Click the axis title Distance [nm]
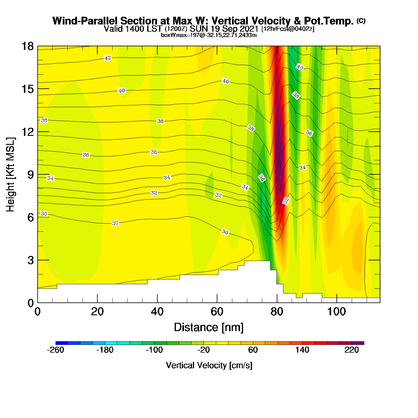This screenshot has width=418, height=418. [209, 328]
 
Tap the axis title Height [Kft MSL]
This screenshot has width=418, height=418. [10, 175]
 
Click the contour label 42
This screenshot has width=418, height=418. [107, 58]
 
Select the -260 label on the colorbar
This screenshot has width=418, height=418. [56, 350]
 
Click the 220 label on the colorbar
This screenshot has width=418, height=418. [352, 350]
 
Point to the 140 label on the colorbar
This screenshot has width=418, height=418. [302, 350]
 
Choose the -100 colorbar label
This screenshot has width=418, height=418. [154, 350]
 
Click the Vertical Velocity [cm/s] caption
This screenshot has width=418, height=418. [209, 365]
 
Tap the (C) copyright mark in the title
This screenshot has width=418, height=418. [361, 21]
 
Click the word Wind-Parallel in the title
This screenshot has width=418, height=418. [85, 21]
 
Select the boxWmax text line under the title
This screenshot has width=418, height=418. [209, 35]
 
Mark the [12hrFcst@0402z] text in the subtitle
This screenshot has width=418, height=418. [288, 29]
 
